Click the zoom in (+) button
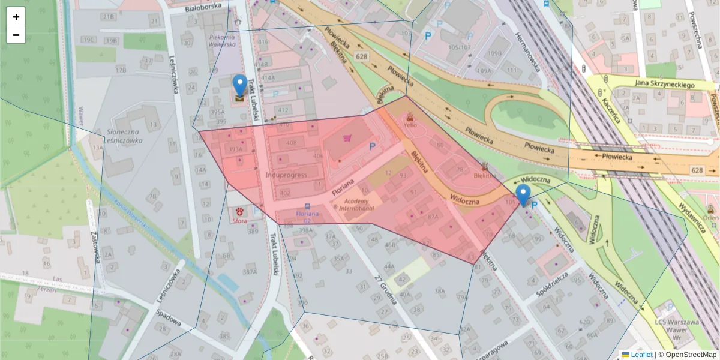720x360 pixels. point(16,17)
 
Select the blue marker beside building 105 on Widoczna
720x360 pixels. point(523,194)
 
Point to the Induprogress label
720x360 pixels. point(286,175)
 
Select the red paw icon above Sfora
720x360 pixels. point(241,211)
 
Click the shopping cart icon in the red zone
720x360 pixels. point(347,138)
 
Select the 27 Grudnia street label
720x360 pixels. point(386,289)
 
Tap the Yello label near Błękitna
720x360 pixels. point(410,126)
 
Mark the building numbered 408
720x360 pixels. point(292,143)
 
